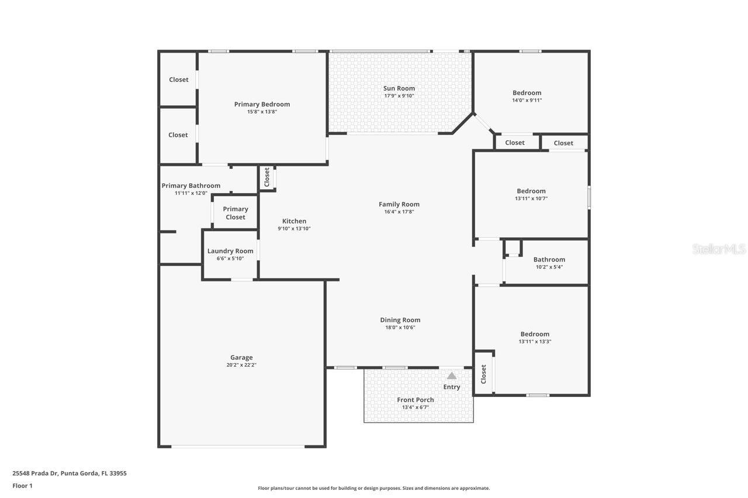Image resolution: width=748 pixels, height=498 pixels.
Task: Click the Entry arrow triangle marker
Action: pyautogui.click(x=451, y=376)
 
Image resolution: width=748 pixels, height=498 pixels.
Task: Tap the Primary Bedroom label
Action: pyautogui.click(x=262, y=105)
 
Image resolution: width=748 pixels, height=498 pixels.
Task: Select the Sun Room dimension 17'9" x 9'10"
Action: pyautogui.click(x=399, y=96)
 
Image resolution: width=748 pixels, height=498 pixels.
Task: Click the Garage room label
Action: pyautogui.click(x=241, y=357)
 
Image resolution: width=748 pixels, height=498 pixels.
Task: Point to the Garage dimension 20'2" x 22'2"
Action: pyautogui.click(x=241, y=365)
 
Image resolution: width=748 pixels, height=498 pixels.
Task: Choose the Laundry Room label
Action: pyautogui.click(x=230, y=251)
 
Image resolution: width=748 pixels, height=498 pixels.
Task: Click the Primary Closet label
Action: pyautogui.click(x=236, y=213)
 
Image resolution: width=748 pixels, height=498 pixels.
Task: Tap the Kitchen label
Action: pyautogui.click(x=294, y=221)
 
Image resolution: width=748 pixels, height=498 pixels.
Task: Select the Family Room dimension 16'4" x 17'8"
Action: pyautogui.click(x=399, y=212)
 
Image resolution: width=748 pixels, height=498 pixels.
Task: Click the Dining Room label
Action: pyautogui.click(x=400, y=320)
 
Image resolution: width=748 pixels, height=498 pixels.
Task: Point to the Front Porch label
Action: pyautogui.click(x=415, y=400)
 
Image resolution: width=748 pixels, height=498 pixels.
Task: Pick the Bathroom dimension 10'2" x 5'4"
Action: pyautogui.click(x=549, y=267)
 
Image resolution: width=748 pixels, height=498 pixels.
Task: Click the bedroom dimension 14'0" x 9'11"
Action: pyautogui.click(x=527, y=100)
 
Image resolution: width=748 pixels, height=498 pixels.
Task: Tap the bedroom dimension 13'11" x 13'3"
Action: pyautogui.click(x=535, y=342)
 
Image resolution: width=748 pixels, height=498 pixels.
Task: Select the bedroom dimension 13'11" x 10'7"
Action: pyautogui.click(x=531, y=198)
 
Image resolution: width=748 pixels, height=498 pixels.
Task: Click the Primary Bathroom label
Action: pyautogui.click(x=191, y=186)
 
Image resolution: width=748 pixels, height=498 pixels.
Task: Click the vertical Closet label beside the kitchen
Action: pyautogui.click(x=267, y=177)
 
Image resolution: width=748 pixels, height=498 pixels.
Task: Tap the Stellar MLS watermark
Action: pyautogui.click(x=718, y=249)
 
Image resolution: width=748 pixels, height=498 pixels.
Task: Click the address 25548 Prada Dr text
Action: pyautogui.click(x=70, y=473)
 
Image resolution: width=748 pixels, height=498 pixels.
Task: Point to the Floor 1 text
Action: pyautogui.click(x=22, y=486)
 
